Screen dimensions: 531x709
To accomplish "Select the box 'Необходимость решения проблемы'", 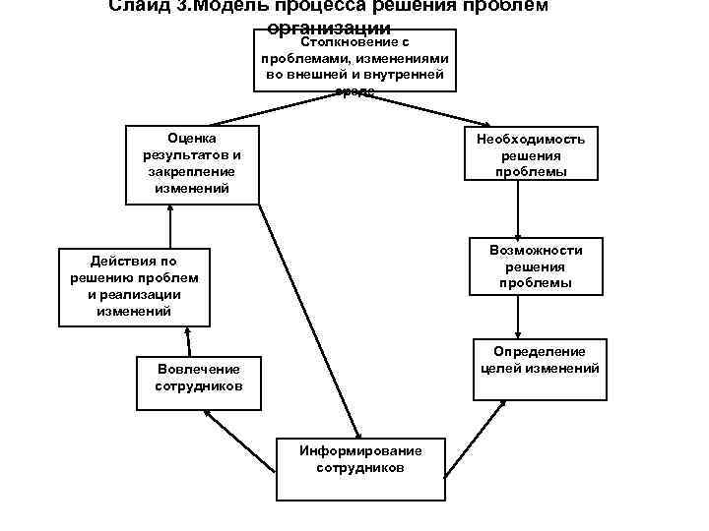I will pos(531,154).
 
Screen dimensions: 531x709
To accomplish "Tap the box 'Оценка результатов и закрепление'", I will pos(193,163).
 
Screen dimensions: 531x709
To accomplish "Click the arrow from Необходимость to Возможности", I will pos(518,209).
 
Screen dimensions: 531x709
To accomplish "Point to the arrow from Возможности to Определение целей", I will pos(518,317).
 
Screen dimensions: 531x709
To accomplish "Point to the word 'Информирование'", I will pos(360,450).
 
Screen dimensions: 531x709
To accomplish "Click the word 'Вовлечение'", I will pos(198,369).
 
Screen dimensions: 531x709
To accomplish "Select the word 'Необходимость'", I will pos(531,139).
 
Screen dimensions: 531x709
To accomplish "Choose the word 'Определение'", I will pos(540,352).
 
